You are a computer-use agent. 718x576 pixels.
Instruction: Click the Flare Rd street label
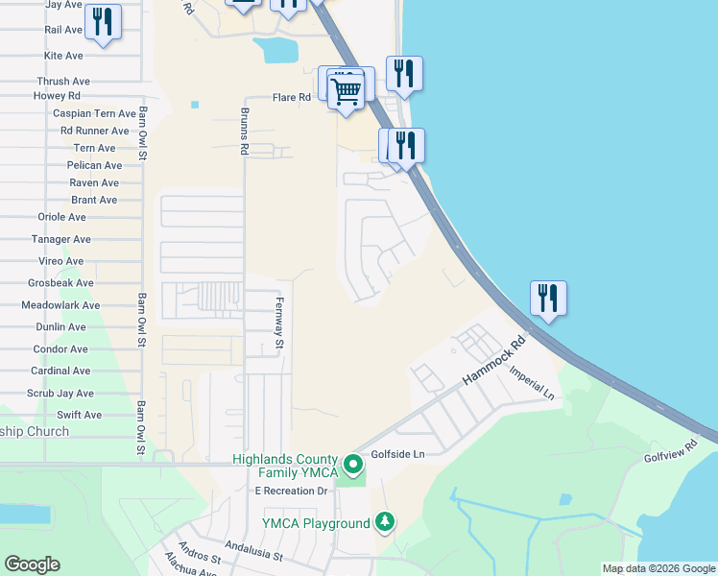tap(292, 98)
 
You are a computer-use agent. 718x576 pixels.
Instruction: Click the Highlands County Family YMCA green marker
tap(354, 466)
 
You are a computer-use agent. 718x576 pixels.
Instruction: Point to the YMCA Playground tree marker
tap(385, 522)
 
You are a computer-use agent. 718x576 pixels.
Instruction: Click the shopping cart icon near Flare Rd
tap(346, 92)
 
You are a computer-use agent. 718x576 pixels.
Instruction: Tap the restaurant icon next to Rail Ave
tap(104, 22)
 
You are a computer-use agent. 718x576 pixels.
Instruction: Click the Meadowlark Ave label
tap(60, 305)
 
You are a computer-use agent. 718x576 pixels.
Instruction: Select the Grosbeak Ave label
tap(60, 283)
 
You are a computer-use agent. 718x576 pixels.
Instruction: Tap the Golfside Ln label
tap(397, 453)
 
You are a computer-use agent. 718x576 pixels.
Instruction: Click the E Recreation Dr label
tap(291, 491)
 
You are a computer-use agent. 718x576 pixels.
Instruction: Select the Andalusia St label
tap(251, 554)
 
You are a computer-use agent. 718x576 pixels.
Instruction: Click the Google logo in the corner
tap(32, 564)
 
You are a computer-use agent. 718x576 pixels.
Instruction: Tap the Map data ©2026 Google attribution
tap(658, 569)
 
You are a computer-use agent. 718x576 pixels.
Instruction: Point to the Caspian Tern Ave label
tap(94, 113)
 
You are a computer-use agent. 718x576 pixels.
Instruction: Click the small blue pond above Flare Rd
tap(280, 50)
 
